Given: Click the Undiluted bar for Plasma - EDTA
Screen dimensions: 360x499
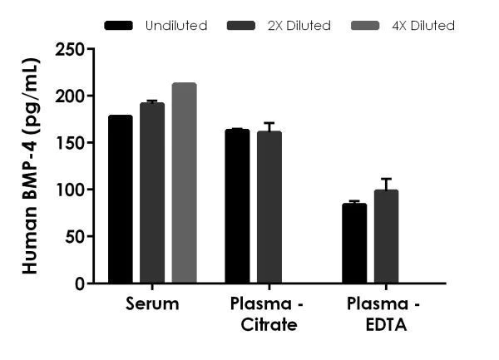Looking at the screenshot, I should click(x=354, y=243).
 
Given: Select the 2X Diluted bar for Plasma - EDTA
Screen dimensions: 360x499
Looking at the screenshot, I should click(x=386, y=237).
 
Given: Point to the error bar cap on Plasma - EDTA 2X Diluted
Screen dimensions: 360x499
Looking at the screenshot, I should click(x=386, y=179).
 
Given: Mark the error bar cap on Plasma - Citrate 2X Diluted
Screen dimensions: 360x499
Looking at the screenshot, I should click(x=269, y=123).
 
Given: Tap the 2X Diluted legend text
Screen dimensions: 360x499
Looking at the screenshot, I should click(x=298, y=26).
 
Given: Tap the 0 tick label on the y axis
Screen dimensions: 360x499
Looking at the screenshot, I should click(x=79, y=284).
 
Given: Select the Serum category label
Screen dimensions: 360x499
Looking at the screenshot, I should click(x=152, y=304).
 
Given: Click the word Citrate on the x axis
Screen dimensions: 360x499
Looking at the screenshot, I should click(x=269, y=324).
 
